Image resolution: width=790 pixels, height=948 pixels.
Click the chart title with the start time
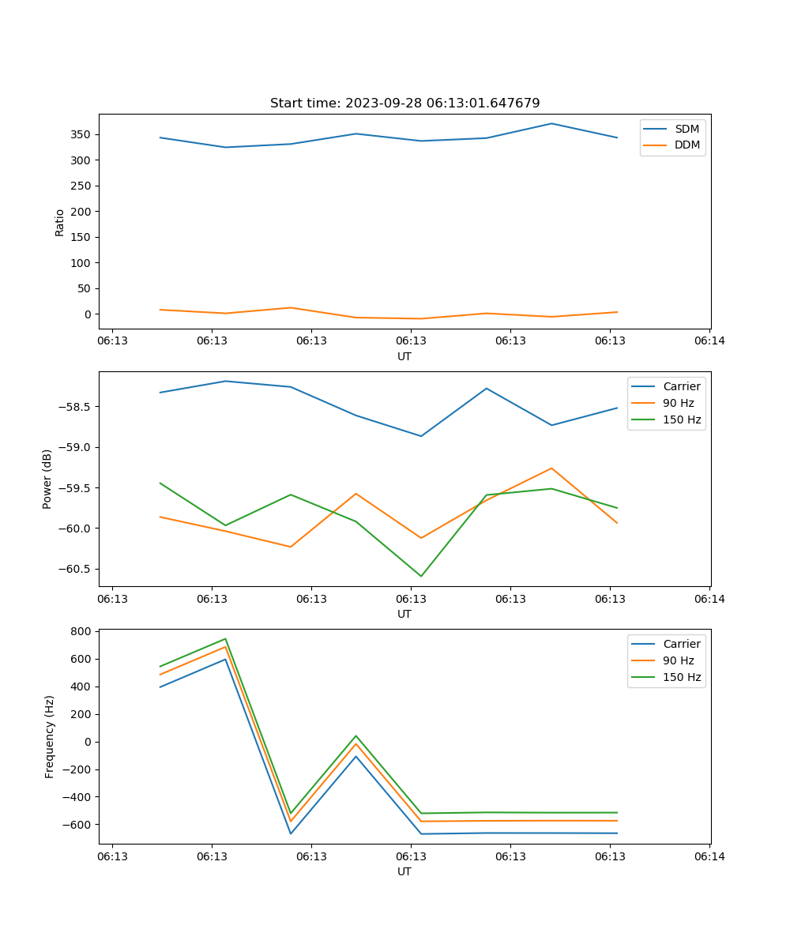[x=404, y=103]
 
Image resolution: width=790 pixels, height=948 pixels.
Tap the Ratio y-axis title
[x=60, y=222]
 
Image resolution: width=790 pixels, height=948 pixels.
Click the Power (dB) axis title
[x=47, y=479]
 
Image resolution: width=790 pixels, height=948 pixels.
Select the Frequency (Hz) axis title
[x=50, y=736]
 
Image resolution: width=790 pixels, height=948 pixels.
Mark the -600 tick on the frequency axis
[x=78, y=825]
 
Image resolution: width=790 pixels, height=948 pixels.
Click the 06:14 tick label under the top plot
[x=709, y=341]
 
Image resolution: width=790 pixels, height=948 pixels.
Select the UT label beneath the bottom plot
[x=404, y=871]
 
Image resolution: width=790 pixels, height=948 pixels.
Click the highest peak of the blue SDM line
[x=551, y=123]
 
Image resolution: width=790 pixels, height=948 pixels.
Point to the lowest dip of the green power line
[x=421, y=576]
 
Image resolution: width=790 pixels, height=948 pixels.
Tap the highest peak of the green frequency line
[x=225, y=639]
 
